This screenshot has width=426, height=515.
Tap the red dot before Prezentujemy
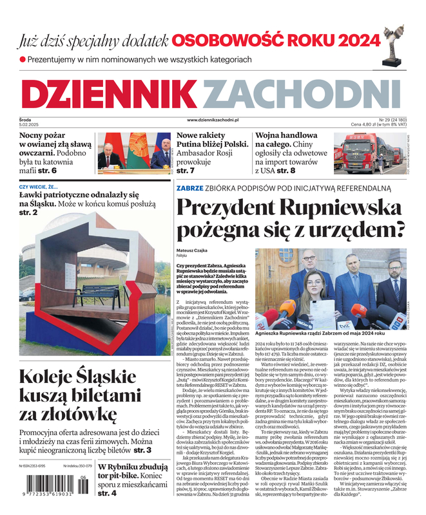(x=23, y=59)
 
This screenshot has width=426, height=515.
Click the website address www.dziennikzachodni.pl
(x=213, y=120)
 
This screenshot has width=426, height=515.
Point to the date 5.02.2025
(x=30, y=124)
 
